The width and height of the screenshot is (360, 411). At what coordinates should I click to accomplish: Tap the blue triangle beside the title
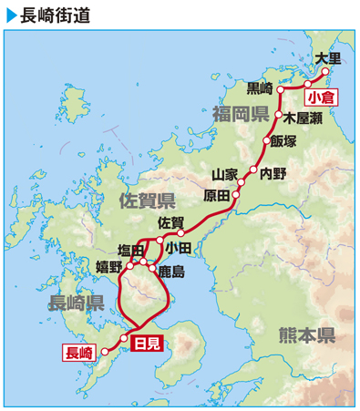[x=12, y=15]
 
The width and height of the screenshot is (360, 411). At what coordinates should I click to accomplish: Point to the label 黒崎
[x=260, y=88]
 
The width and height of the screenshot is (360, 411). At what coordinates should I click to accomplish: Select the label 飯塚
[x=283, y=141]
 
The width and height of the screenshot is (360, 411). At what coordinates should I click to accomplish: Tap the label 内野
[x=273, y=172]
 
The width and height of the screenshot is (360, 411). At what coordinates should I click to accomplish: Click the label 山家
[x=224, y=173]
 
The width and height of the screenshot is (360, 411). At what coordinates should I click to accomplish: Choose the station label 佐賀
[x=171, y=221]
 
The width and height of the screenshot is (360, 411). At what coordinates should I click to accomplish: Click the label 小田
[x=179, y=247]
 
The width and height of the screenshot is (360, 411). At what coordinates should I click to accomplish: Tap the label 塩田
[x=131, y=249]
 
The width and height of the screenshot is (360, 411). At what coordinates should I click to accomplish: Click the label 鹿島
[x=171, y=271]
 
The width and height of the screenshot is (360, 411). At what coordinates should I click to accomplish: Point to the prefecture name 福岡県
[x=241, y=114]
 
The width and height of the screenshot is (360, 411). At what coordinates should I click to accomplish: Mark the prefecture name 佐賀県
[x=147, y=200]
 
